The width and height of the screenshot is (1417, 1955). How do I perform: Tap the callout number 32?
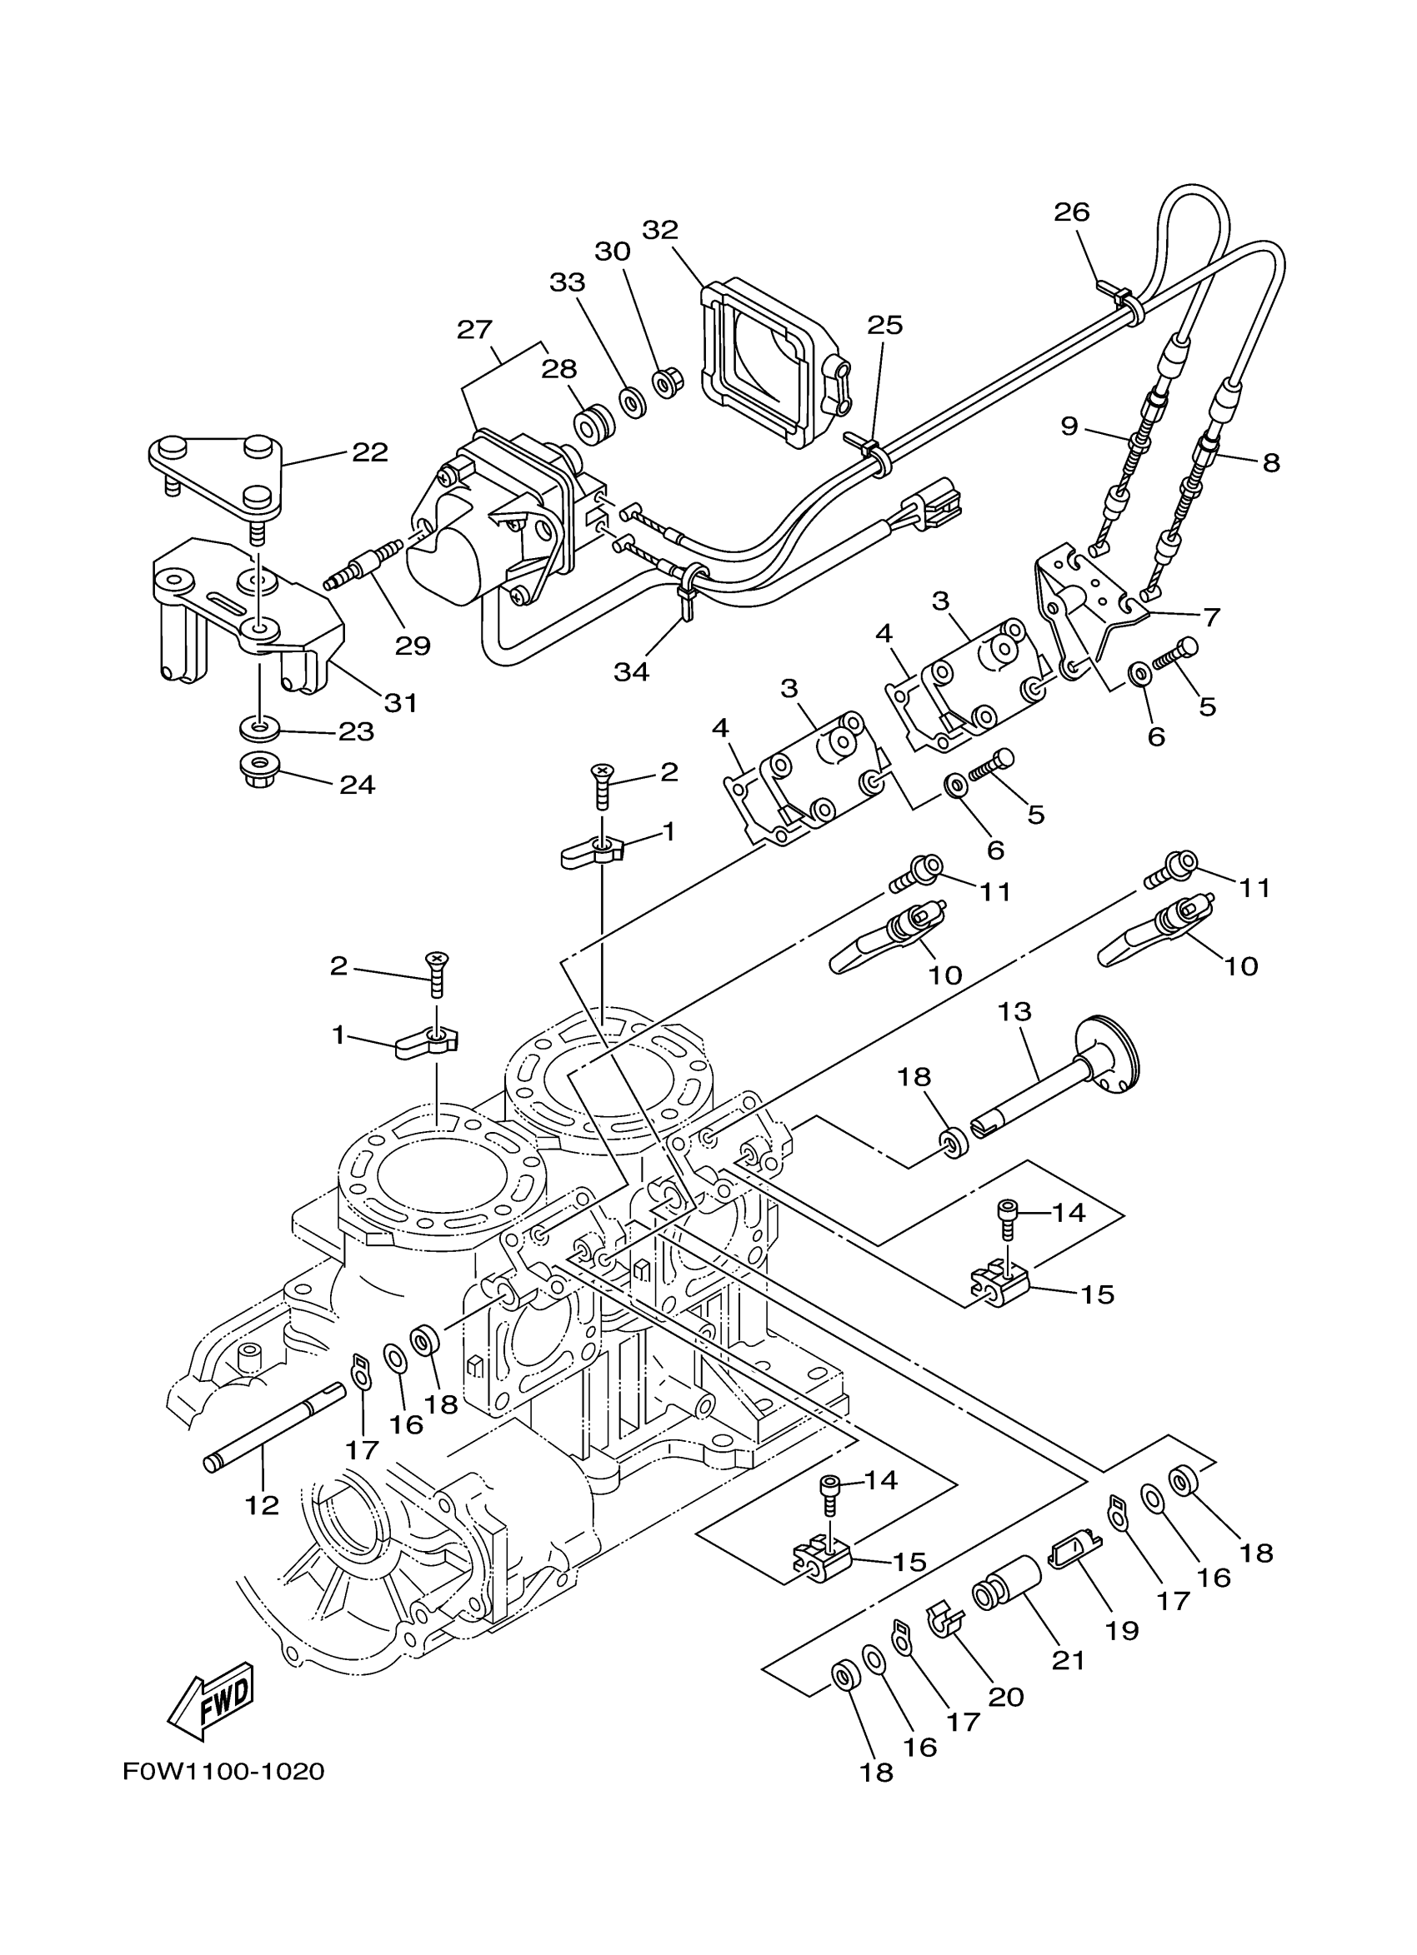coord(660,230)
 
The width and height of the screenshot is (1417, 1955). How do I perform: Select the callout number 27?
coord(474,329)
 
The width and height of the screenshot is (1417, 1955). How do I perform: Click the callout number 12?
coord(263,1506)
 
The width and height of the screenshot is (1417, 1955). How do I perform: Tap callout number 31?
coord(400,702)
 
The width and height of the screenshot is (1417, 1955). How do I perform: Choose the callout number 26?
coord(1072,212)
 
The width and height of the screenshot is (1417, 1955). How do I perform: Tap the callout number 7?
coord(1211,617)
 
